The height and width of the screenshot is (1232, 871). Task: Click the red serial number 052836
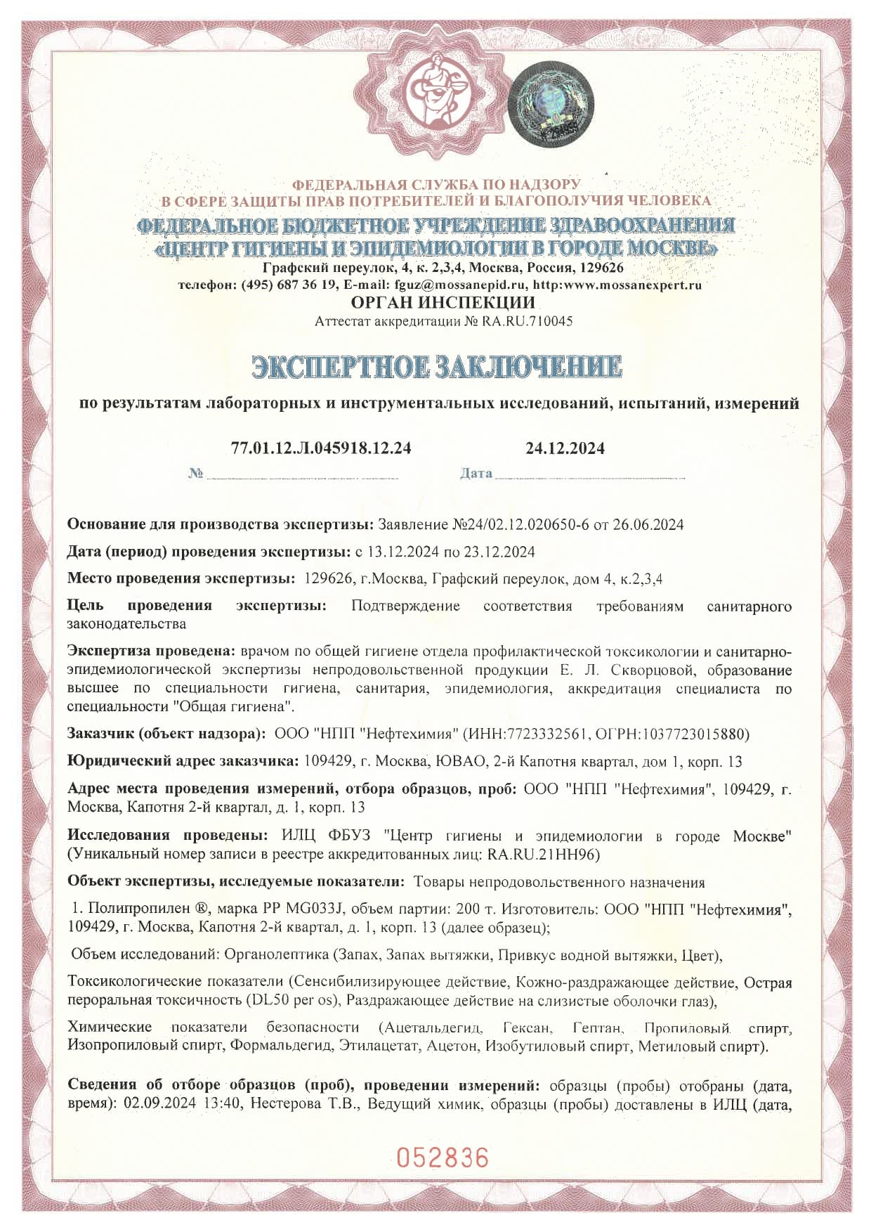(442, 1156)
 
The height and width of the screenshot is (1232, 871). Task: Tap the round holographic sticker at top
(551, 103)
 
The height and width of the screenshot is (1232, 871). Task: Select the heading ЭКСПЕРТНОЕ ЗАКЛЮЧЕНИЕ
(437, 368)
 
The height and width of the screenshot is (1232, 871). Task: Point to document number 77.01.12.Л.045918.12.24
(321, 448)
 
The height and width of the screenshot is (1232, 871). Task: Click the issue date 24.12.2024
(565, 448)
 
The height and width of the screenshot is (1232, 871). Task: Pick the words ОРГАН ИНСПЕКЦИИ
(443, 303)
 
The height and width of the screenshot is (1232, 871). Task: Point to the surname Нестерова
(285, 1104)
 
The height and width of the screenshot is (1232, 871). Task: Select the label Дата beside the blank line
(476, 473)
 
